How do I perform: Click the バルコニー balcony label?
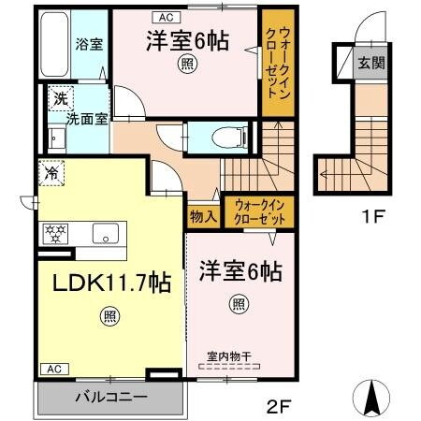pos(110,397)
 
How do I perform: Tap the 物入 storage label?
pos(204,215)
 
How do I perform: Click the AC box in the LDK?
pos(54,370)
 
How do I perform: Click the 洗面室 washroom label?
pos(86,120)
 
